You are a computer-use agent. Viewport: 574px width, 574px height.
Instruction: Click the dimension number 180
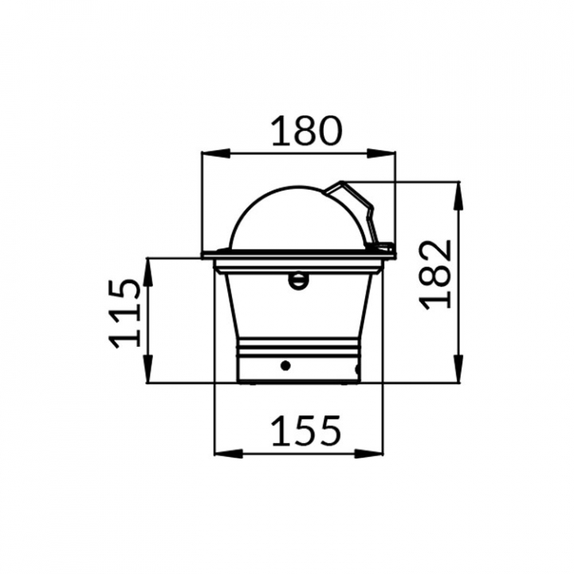(x=306, y=131)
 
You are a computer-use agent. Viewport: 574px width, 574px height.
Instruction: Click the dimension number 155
(x=306, y=431)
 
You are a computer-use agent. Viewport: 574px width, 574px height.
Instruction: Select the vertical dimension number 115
(x=125, y=313)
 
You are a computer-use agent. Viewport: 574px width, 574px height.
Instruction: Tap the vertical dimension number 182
(x=435, y=274)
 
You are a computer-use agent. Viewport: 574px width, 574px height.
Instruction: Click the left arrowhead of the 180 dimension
(x=216, y=153)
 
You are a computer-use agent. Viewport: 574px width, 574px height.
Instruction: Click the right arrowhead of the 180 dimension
(x=381, y=153)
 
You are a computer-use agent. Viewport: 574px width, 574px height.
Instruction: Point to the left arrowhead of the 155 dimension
(x=229, y=454)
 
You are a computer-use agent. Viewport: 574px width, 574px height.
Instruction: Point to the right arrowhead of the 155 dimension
(x=368, y=454)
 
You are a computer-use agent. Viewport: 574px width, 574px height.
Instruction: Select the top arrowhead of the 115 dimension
(x=148, y=273)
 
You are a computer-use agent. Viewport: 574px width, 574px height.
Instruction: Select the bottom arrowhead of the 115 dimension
(x=148, y=369)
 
